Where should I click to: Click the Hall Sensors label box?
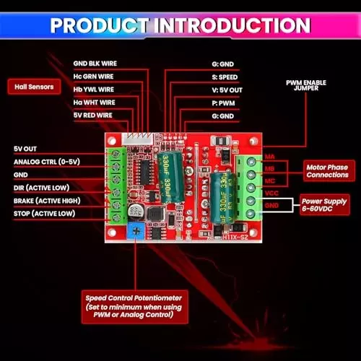(x=34, y=87)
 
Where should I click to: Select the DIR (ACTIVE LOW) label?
(x=41, y=188)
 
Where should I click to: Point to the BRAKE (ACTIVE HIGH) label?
(x=47, y=201)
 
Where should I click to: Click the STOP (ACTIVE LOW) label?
(x=43, y=214)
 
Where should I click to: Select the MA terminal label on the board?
(x=269, y=157)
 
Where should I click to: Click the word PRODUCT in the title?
(x=102, y=25)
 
